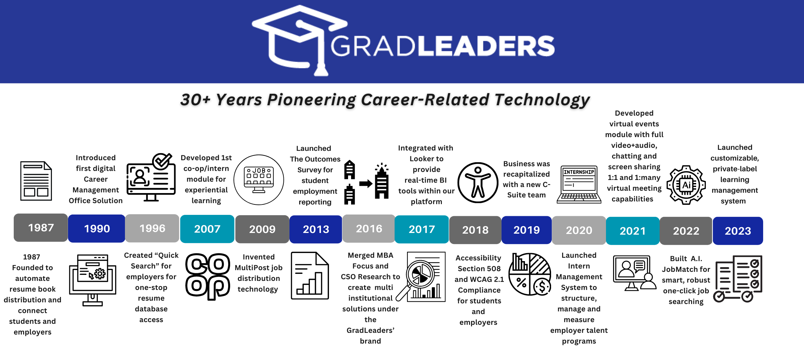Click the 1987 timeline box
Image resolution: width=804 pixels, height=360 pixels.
(41, 228)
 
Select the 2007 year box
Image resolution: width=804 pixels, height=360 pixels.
(207, 229)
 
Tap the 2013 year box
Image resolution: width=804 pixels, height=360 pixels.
(316, 229)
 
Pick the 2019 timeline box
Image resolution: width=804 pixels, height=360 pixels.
(526, 230)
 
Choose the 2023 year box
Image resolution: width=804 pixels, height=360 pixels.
(738, 231)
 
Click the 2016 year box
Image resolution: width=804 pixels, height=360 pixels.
(369, 229)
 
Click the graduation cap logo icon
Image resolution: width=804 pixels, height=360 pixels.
(300, 40)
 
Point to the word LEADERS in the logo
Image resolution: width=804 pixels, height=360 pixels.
(486, 46)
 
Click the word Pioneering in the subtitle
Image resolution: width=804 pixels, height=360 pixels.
(311, 100)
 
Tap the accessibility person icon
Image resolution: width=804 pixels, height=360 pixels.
(478, 183)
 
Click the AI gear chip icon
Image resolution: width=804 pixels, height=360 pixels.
(686, 185)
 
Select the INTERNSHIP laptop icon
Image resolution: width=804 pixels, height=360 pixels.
(579, 184)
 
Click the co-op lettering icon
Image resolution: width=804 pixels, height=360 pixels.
(208, 276)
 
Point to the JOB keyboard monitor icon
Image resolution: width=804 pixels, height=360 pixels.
(259, 180)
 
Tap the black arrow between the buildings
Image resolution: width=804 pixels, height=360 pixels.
(366, 183)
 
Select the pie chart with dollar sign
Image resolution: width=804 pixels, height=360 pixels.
(530, 274)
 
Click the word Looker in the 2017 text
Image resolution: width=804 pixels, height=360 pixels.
(426, 159)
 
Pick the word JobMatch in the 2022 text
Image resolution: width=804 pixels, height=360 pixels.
(686, 269)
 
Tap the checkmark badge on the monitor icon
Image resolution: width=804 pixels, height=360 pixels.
(162, 162)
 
